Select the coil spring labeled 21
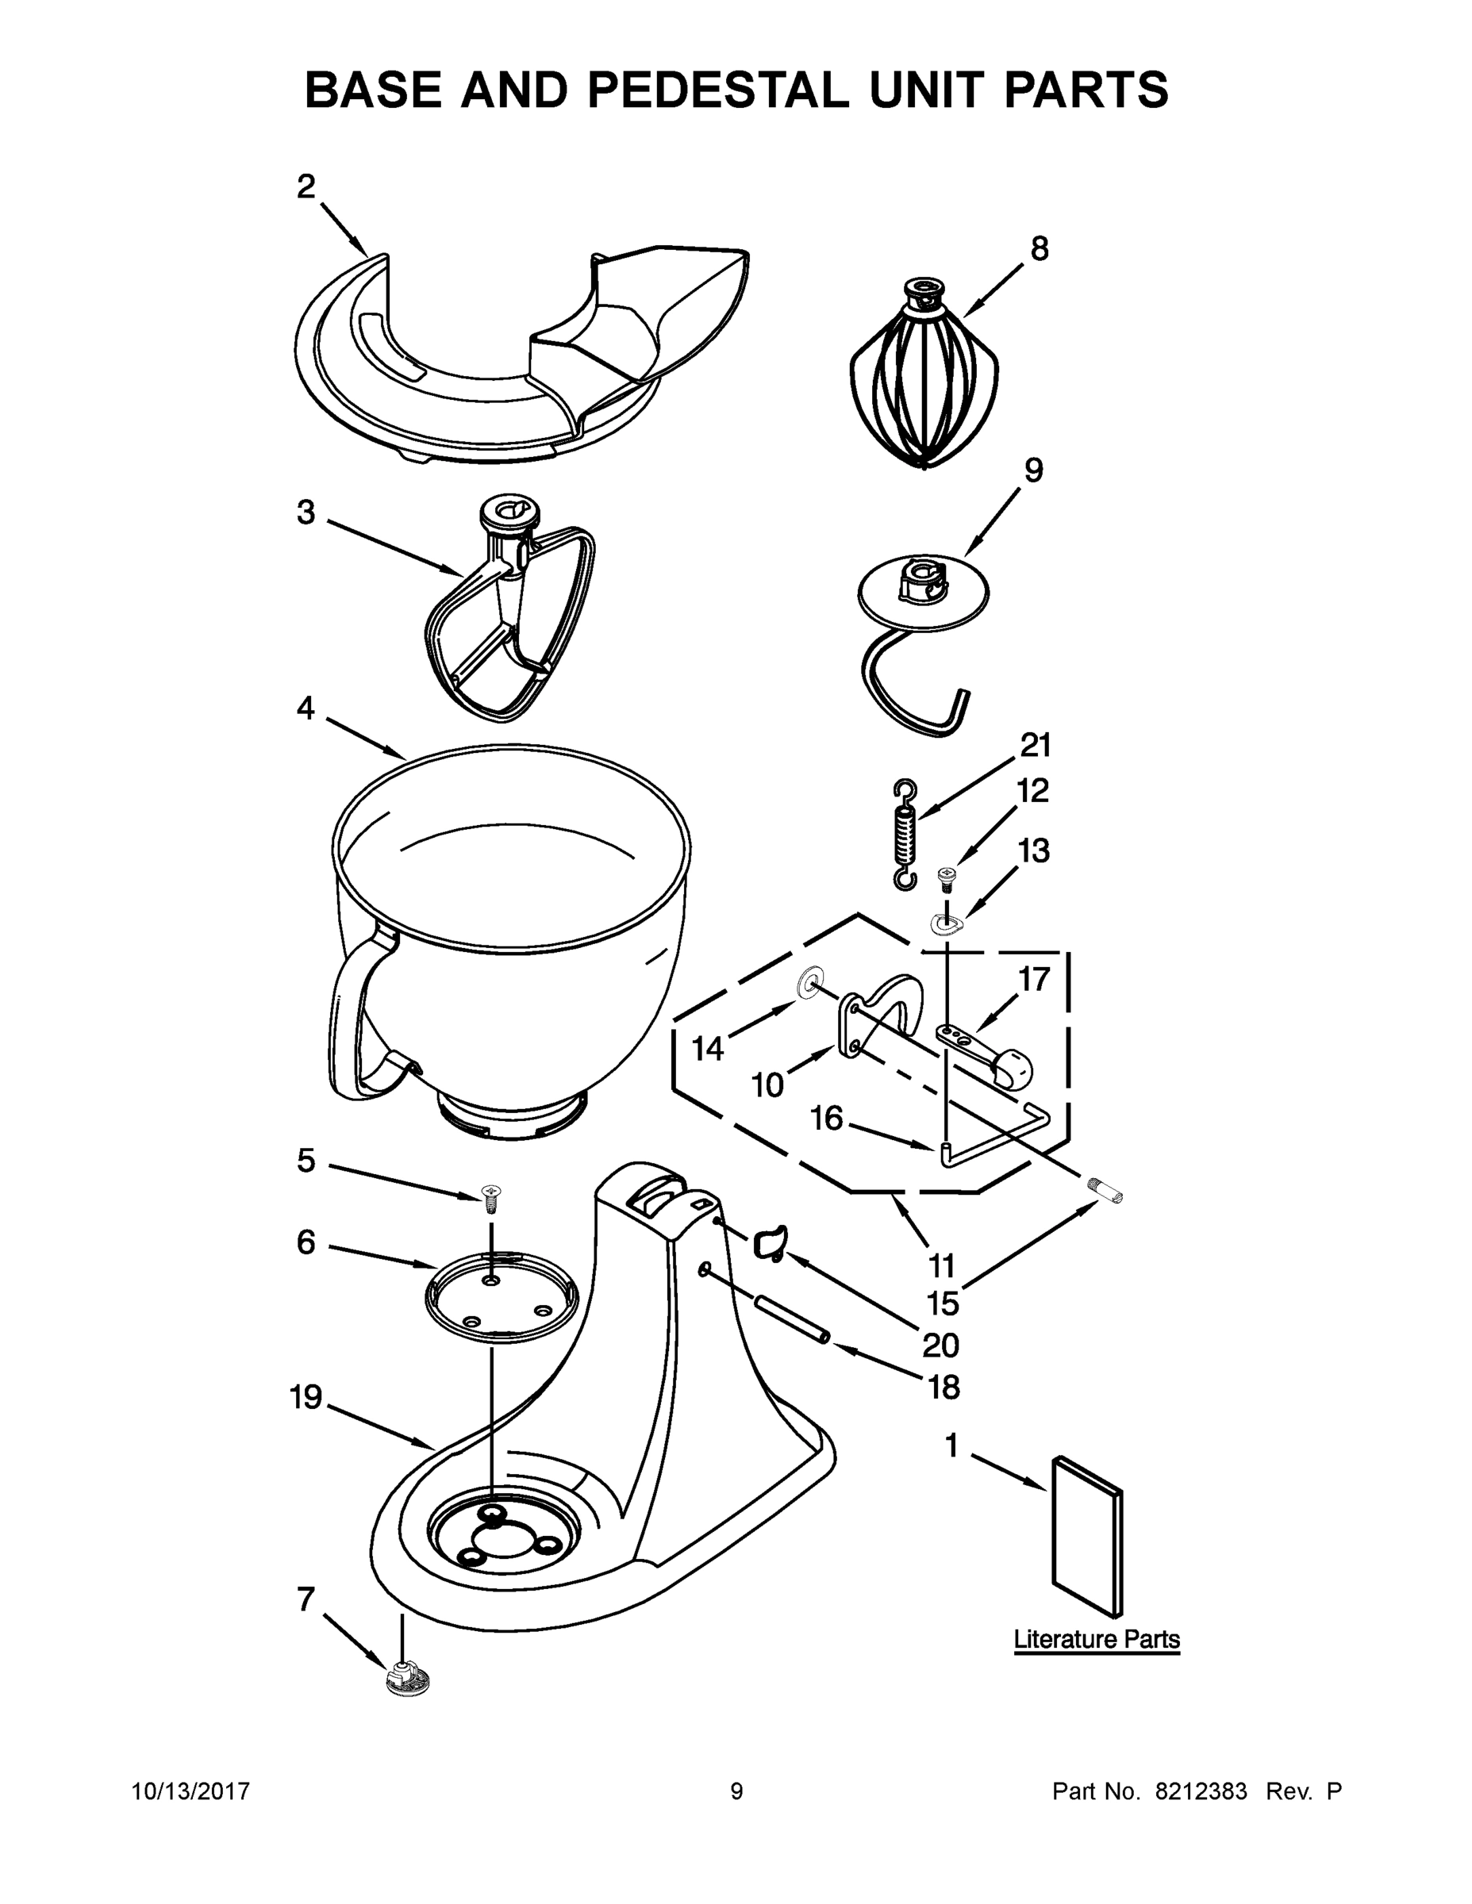pos(905,835)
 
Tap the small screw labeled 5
pos(492,1197)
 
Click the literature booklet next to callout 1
pos(1086,1537)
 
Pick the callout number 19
pos(306,1398)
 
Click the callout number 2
pos(306,186)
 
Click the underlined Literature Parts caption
pos(1096,1639)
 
